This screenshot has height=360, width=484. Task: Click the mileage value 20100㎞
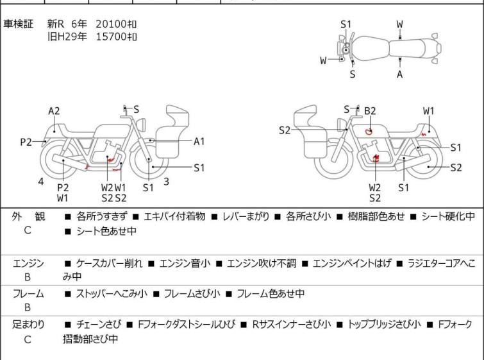point(116,24)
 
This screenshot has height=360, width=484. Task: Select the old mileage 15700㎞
point(116,37)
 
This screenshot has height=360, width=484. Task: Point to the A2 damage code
point(54,110)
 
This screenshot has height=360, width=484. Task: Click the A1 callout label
point(199,141)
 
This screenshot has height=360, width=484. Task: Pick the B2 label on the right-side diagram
point(370,110)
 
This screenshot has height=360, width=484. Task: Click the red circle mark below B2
point(369,131)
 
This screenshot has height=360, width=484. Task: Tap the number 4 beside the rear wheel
point(41,181)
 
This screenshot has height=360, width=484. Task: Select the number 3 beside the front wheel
point(166,181)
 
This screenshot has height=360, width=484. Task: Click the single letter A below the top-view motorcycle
point(400,74)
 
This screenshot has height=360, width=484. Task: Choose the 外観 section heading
point(28,217)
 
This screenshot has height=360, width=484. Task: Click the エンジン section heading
point(28,263)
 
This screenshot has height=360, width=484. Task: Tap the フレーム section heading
point(28,294)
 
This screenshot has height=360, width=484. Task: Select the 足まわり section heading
point(28,325)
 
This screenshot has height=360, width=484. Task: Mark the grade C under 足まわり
point(28,339)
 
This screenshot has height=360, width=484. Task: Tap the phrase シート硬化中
point(448,217)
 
